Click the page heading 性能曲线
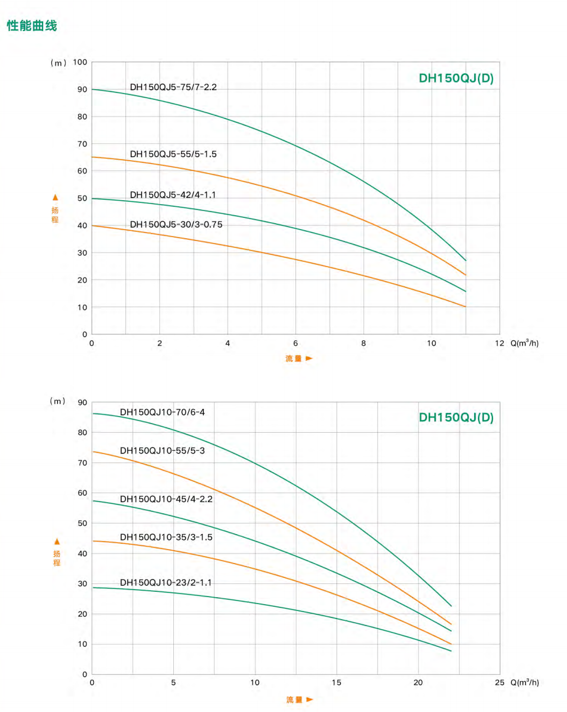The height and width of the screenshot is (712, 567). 32,26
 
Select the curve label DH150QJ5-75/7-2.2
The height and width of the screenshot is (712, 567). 173,87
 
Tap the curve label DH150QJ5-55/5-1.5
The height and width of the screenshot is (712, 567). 173,154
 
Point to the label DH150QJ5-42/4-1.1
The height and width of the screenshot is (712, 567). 173,194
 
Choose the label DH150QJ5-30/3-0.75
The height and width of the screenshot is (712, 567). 176,224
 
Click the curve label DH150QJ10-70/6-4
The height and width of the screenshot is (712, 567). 162,412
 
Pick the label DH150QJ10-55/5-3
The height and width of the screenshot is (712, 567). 162,450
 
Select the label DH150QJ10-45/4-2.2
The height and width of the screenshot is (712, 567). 166,499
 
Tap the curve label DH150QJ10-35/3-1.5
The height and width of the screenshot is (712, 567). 166,537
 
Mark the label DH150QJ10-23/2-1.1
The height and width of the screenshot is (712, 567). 165,582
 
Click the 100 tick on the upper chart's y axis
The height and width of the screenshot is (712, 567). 80,62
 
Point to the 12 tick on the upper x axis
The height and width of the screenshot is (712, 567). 499,343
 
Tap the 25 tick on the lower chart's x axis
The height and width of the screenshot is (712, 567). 499,682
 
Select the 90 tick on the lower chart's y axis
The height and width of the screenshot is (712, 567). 82,402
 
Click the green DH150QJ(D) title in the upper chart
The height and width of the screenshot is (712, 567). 456,78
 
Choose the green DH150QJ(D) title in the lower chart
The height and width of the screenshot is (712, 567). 456,417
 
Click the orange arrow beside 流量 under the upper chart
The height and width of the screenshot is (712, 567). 309,358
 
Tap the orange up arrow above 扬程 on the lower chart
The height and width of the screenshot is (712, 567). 57,542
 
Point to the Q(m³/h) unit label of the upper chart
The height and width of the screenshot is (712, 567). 524,343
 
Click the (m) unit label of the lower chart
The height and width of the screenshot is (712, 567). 58,401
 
